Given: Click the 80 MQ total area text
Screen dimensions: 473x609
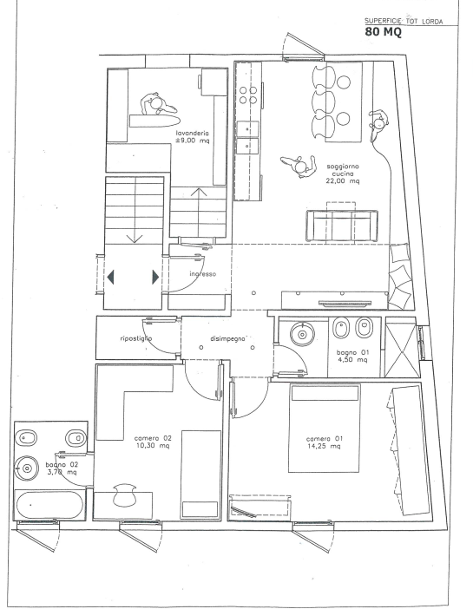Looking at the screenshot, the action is click(x=383, y=31).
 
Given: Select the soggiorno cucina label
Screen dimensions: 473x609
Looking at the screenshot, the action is click(x=343, y=174).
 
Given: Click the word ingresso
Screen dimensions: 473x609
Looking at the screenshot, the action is click(x=202, y=274).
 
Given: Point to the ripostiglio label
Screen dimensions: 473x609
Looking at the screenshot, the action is click(x=135, y=338).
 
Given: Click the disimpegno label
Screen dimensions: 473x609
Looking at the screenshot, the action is click(x=227, y=338).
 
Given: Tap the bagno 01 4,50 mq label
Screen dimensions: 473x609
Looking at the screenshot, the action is click(x=352, y=356).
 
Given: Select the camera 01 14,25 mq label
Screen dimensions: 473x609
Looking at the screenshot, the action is click(x=324, y=442).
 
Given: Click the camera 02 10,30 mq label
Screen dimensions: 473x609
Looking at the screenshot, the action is click(x=153, y=442).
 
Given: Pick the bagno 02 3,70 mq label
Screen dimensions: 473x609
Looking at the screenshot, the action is click(x=62, y=468).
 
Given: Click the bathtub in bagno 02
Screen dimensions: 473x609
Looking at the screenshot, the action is click(x=49, y=505).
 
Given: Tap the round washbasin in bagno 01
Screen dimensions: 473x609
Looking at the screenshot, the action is click(x=302, y=333).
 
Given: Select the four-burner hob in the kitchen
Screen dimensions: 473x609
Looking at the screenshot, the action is click(x=248, y=95).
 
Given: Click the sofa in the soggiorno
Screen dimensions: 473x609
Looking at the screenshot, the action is click(x=342, y=226).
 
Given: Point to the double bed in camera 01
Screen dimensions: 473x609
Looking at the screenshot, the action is click(x=324, y=428).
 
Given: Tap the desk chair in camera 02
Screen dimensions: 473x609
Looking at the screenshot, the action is click(x=124, y=494).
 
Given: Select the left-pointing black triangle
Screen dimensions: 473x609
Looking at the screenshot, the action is click(x=110, y=278).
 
